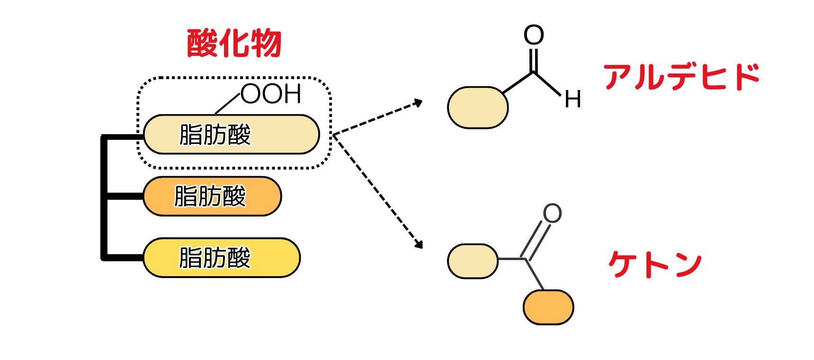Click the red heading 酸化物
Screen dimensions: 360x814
pyautogui.click(x=234, y=44)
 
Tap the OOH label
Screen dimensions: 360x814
pyautogui.click(x=271, y=94)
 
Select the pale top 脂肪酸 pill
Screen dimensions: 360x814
pyautogui.click(x=231, y=135)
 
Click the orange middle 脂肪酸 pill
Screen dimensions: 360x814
pyautogui.click(x=212, y=196)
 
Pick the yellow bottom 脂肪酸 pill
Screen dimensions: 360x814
pyautogui.click(x=222, y=258)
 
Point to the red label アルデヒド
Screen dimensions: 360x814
pyautogui.click(x=681, y=77)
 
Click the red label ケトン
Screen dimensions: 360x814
pyautogui.click(x=655, y=264)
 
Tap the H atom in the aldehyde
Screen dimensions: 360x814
pyautogui.click(x=572, y=100)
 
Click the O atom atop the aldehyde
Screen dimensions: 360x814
pyautogui.click(x=534, y=35)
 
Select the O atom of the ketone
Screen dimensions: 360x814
pyautogui.click(x=552, y=214)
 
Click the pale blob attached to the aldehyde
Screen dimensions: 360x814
pyautogui.click(x=478, y=108)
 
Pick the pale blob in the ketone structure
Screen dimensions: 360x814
pyautogui.click(x=473, y=261)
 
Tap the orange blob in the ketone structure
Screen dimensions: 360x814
pyautogui.click(x=548, y=307)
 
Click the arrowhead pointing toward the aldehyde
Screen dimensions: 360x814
pyautogui.click(x=418, y=102)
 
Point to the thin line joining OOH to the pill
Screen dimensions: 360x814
pyautogui.click(x=228, y=103)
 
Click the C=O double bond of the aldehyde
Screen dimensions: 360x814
pyautogui.click(x=534, y=60)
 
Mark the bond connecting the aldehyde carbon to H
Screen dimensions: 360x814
pyautogui.click(x=547, y=83)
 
